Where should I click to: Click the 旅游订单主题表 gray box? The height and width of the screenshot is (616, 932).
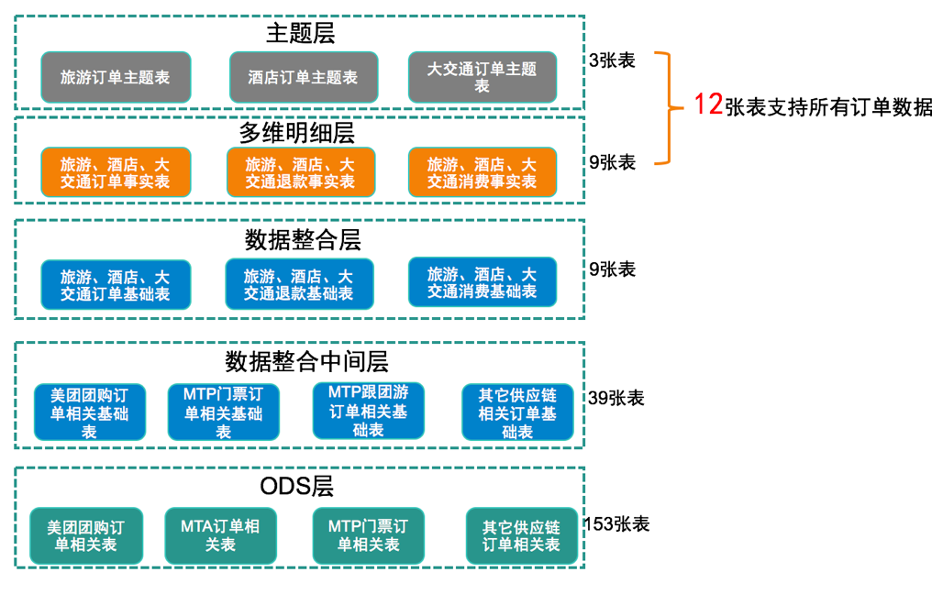coord(116,77)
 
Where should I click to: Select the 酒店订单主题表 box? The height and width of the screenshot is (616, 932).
coord(304,77)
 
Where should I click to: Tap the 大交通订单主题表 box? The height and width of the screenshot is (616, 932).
coord(482,77)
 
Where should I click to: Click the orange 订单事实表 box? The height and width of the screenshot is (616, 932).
coord(116,172)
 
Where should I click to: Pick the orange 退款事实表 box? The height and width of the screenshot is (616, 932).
coord(301,172)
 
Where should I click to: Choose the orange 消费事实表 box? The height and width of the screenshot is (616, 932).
coord(482,172)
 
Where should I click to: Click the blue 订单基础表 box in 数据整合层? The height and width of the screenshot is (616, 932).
coord(116,284)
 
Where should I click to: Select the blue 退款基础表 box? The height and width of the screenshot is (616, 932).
coord(300,284)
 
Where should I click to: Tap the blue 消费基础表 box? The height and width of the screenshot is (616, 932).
coord(482,282)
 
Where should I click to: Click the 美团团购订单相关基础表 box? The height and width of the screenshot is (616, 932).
coord(90,412)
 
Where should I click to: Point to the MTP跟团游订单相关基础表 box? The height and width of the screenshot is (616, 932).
coord(369,411)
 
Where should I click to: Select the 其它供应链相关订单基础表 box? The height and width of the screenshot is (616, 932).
coord(517,412)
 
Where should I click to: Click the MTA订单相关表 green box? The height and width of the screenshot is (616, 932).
coord(220,536)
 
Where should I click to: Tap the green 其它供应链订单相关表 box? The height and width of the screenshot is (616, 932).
coord(522,536)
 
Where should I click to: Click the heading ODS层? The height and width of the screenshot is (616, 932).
coord(296,486)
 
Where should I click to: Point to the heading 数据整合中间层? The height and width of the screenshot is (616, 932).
coord(306,361)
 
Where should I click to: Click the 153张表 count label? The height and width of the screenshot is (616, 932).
coord(617,524)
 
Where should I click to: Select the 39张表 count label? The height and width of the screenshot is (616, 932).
coord(616,398)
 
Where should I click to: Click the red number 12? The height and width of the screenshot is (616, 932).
coord(708,104)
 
